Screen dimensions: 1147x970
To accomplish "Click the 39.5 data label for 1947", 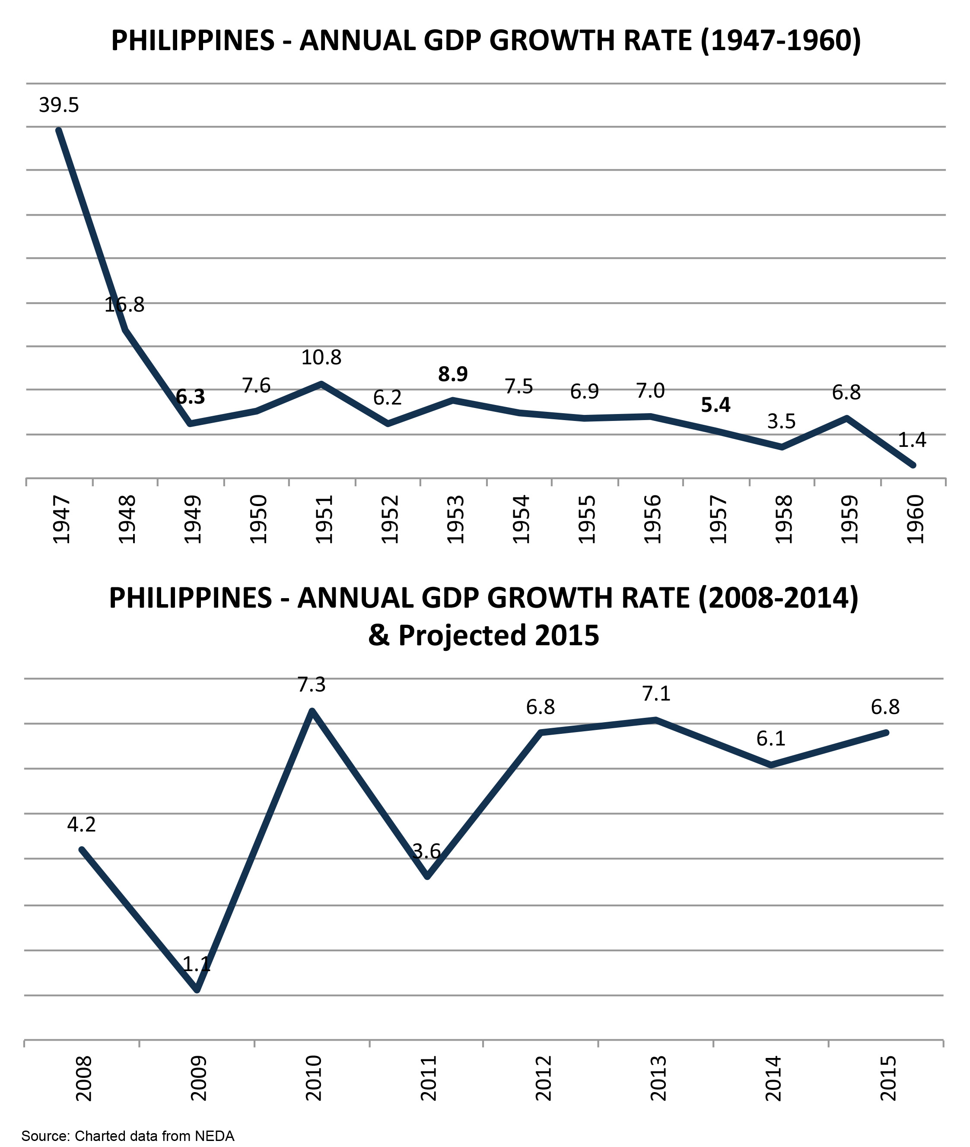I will (x=59, y=105).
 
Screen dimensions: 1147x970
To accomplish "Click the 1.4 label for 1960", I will (x=912, y=440).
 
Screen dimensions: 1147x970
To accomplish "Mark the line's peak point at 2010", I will (x=312, y=711).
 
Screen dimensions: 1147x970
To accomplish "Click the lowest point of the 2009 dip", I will (x=197, y=990).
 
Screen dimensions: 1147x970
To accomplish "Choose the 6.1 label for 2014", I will (x=770, y=738).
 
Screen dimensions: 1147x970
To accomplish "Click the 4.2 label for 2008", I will (x=81, y=824).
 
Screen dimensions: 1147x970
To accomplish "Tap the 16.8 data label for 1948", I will (x=124, y=305).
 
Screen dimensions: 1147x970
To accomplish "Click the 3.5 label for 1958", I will (x=781, y=421).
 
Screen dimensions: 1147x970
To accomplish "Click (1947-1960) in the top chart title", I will (x=781, y=41).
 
